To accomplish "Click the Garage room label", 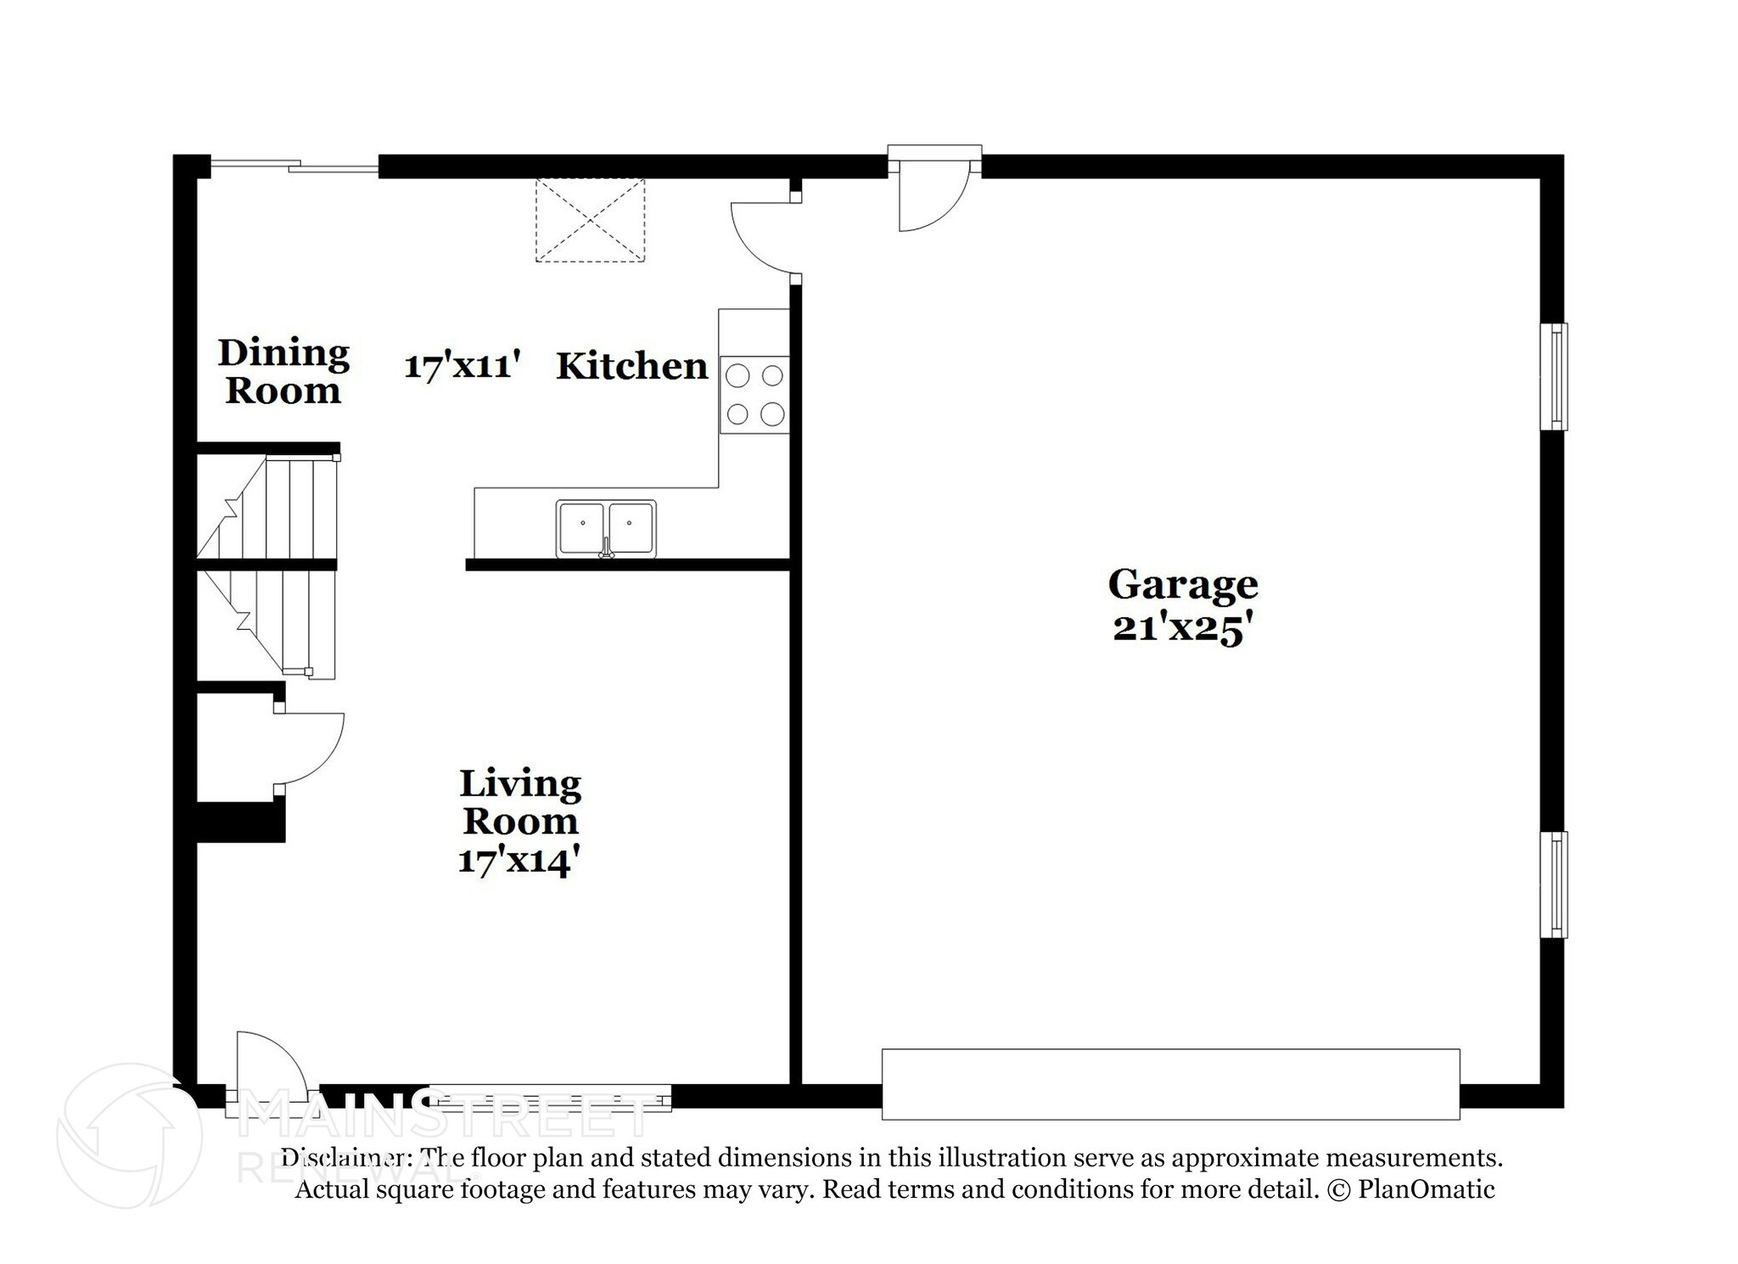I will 1183,584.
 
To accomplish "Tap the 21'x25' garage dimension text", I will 1183,629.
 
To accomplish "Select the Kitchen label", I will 631,366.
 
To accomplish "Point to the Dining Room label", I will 283,372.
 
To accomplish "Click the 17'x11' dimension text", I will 461,367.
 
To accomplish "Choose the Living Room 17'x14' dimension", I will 519,861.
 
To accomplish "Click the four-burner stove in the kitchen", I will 754,395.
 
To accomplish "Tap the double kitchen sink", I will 606,528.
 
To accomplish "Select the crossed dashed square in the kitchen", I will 590,220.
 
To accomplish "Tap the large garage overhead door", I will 1170,1084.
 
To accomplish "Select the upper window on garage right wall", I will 1555,377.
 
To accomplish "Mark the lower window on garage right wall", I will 1555,885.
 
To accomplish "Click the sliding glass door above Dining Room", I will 293,167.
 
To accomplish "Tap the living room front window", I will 550,1098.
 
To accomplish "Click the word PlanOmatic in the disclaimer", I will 1426,1189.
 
